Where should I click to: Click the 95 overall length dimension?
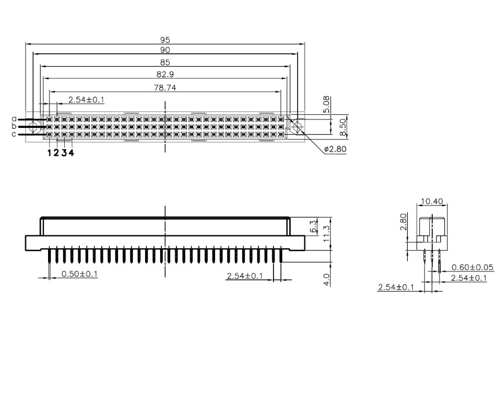point(165,40)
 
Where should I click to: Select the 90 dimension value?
point(165,50)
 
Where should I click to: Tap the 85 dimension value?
point(165,62)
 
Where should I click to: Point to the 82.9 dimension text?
point(165,75)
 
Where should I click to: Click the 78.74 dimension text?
point(165,88)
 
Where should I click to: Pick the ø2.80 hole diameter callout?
point(335,149)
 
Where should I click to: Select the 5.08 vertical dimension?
point(326,105)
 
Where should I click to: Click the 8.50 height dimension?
point(342,127)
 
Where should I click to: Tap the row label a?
point(14,119)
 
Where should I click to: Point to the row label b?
point(14,126)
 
